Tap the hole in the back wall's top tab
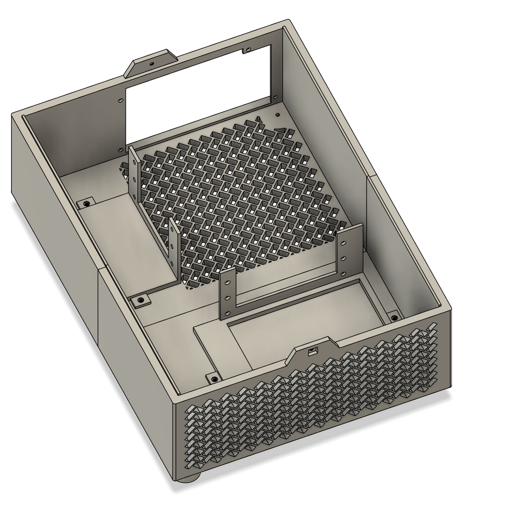pos(151,63)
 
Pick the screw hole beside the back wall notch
pos(249,48)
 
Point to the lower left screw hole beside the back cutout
pos(121,150)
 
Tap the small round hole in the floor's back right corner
pos(277,115)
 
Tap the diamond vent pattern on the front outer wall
pos(313,401)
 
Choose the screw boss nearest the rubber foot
pos(214,378)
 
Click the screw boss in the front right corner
pos(394,318)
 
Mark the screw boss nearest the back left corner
pos(86,203)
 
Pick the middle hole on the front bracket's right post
pos(343,257)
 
